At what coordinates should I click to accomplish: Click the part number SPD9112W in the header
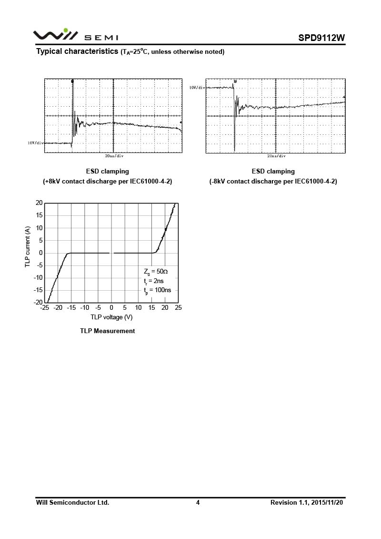[321, 38]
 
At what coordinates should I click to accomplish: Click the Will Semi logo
[75, 35]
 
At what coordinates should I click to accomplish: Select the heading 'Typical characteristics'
[77, 51]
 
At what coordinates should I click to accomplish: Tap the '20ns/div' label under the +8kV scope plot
[114, 156]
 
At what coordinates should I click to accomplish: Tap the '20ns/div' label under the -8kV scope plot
[276, 156]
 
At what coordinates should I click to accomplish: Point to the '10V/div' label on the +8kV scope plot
[36, 142]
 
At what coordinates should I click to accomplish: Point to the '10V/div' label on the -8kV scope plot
[197, 88]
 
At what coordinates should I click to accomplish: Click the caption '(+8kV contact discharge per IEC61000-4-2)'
[107, 182]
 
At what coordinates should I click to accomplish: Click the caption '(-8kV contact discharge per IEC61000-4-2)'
[273, 182]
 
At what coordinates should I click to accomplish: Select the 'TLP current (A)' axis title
[28, 253]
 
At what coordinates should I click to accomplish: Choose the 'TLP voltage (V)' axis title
[111, 317]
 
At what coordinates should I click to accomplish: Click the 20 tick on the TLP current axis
[39, 203]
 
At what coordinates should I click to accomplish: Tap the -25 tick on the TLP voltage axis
[45, 308]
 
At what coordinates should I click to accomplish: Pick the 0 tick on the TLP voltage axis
[111, 308]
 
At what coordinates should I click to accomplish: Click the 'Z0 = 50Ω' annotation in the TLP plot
[155, 272]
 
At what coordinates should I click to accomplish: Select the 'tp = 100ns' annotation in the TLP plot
[157, 290]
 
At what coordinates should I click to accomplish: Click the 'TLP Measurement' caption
[107, 331]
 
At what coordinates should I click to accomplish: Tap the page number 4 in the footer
[198, 502]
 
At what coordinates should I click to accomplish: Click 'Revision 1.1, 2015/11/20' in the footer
[307, 502]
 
